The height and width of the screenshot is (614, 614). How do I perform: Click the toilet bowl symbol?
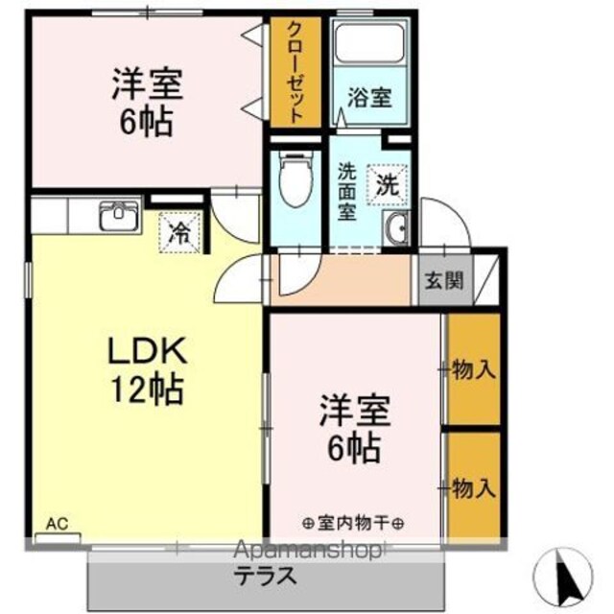[x=296, y=179]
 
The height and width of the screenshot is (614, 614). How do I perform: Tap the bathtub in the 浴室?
[x=369, y=43]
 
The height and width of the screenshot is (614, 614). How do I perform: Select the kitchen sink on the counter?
[x=119, y=215]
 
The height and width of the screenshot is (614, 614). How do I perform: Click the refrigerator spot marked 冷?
[x=180, y=232]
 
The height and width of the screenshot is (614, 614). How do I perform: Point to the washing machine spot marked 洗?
[x=388, y=185]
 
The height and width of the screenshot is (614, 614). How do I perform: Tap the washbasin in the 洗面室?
[x=395, y=228]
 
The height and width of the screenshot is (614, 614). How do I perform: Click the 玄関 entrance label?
[x=444, y=280]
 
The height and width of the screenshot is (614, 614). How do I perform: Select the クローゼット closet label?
[x=295, y=72]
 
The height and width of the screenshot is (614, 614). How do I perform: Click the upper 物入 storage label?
[x=474, y=369]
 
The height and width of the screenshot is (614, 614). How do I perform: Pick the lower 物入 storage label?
[x=474, y=488]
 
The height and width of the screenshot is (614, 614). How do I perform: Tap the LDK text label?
[x=147, y=350]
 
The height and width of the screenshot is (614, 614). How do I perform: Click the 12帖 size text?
[x=147, y=390]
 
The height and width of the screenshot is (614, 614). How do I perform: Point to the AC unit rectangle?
[x=58, y=538]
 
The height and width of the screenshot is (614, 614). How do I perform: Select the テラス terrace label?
[x=267, y=576]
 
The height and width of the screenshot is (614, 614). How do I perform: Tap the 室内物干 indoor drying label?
[x=353, y=523]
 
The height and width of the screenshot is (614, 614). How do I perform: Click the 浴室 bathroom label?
[x=369, y=98]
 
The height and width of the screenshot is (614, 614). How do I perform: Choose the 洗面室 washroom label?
[x=347, y=192]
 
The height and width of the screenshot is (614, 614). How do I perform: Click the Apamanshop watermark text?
[x=307, y=552]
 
